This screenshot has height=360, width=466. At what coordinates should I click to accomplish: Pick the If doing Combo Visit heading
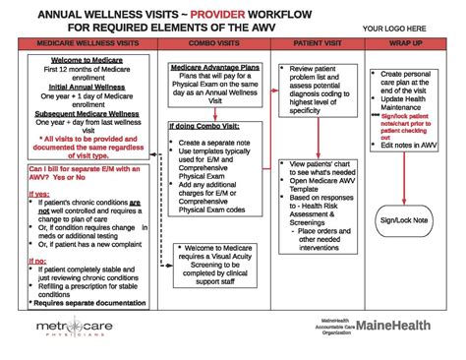[205, 127]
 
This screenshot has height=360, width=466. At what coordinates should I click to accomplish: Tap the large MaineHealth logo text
[398, 325]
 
